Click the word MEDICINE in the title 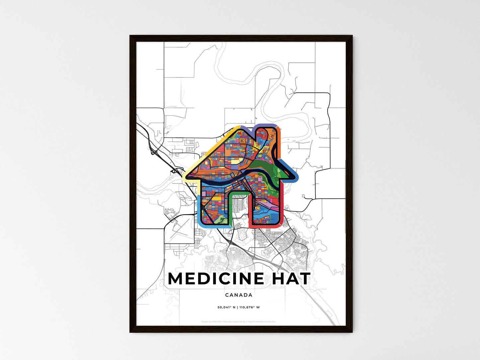coord(216,279)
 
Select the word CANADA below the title coord(239,295)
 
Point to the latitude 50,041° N coord(226,307)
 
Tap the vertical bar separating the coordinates coord(237,307)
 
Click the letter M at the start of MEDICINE coord(176,279)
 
